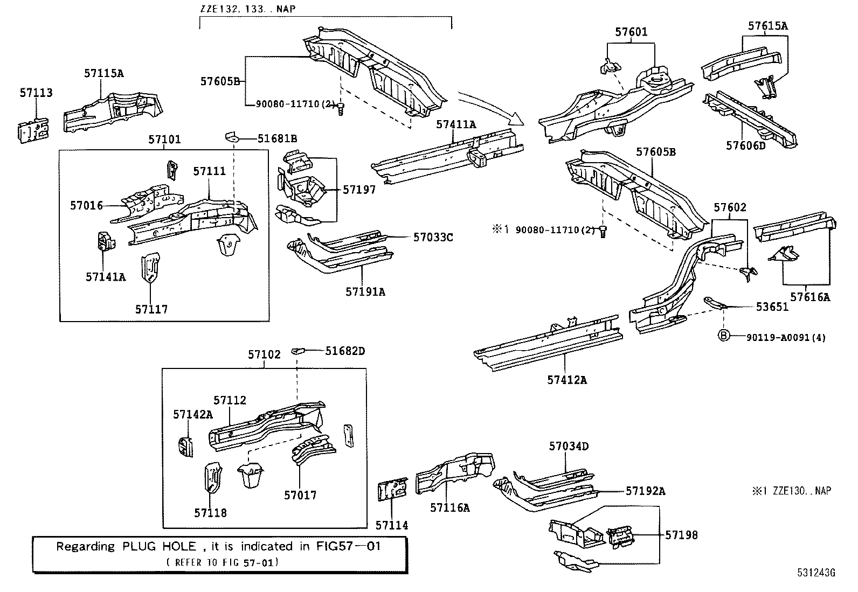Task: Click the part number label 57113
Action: point(36,93)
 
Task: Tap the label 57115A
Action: point(103,73)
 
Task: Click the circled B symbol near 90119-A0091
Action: point(724,336)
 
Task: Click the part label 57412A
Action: point(567,380)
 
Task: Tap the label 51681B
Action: point(277,138)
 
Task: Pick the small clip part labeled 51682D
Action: point(298,351)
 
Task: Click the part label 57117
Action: point(151,309)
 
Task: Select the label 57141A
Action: point(105,276)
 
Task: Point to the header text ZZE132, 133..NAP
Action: point(247,9)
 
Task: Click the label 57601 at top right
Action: point(631,32)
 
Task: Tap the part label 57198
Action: point(681,535)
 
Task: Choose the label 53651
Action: point(772,307)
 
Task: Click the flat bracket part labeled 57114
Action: point(393,490)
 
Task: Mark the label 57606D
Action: point(745,145)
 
